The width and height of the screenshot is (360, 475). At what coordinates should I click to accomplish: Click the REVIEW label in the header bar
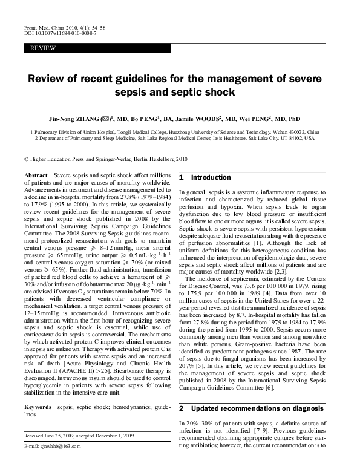(40, 47)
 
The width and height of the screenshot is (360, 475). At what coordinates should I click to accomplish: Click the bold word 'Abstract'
(36, 175)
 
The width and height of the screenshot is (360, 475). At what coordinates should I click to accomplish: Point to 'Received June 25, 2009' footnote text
(50, 435)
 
